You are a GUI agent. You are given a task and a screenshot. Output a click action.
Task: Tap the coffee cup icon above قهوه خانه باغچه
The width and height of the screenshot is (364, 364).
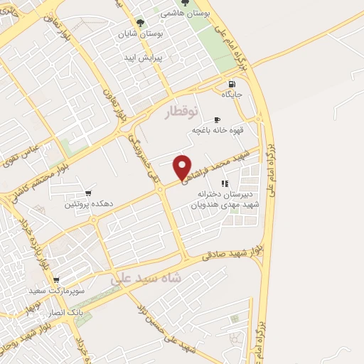(217, 119)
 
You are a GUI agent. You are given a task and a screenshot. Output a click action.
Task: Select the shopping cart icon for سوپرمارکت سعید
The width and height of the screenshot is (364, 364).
(56, 280)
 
